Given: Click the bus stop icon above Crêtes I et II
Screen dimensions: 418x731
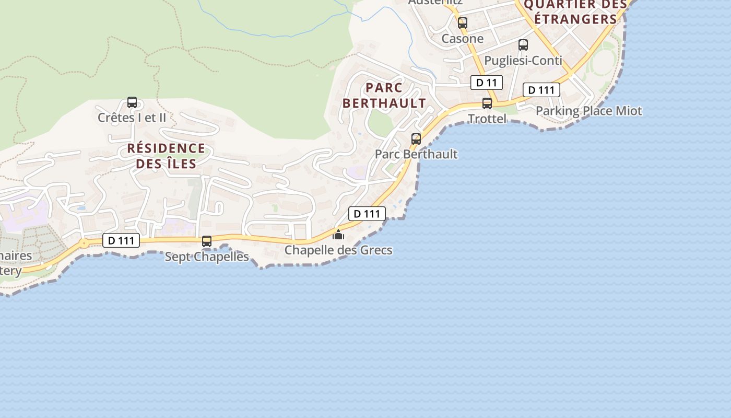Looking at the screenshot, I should point(132,102).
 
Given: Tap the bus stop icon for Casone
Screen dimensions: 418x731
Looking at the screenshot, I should point(463,23).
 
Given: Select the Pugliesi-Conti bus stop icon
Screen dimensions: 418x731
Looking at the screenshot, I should point(523,45).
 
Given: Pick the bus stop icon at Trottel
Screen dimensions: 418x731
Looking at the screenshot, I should point(487,103).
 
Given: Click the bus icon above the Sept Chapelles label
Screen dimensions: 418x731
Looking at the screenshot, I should point(207,241).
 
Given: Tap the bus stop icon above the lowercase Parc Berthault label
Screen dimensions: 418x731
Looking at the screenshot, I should point(416,139).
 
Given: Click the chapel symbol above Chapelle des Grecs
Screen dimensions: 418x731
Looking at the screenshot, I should point(338,235).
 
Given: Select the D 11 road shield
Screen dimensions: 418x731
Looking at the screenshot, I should point(487,83).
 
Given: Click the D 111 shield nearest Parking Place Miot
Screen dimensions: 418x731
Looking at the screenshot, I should point(541,90).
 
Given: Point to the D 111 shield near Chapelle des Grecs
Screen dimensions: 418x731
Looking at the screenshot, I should point(367,213).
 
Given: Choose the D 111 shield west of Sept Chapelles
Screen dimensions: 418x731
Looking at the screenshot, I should point(121,240).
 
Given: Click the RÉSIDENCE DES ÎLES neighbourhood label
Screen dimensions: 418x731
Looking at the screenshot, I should point(167,156).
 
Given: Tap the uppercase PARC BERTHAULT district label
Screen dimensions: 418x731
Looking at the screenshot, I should point(384,95).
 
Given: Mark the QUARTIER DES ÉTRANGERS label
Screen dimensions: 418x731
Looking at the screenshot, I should point(575,11).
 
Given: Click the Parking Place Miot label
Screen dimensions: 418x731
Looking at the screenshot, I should point(589,111).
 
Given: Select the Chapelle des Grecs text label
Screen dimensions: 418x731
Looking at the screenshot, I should point(338,250).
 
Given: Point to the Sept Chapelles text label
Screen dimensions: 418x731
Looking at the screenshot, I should point(207,257).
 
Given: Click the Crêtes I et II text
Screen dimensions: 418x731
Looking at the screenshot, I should point(132,118).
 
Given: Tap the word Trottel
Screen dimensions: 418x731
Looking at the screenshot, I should point(487,119).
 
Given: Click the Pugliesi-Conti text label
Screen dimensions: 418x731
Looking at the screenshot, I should point(523,61).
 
